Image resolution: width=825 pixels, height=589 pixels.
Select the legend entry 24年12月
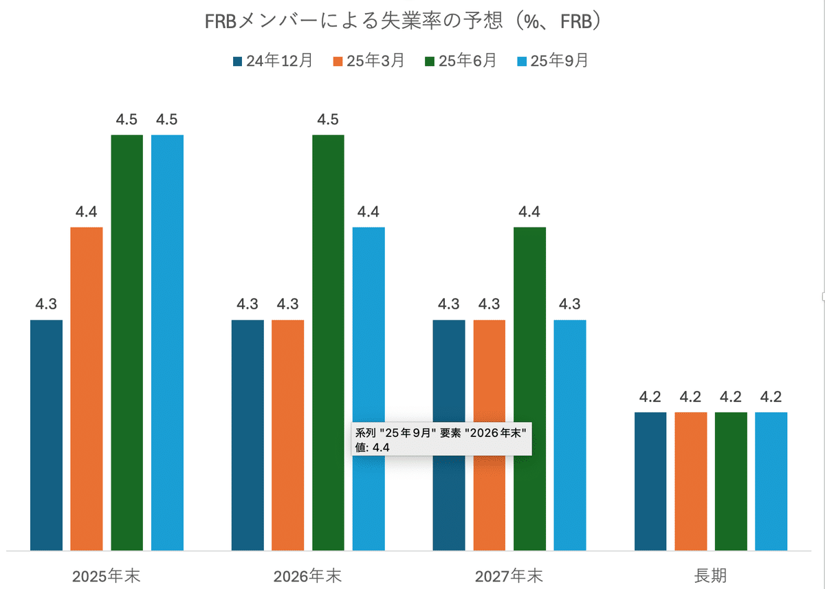click(273, 61)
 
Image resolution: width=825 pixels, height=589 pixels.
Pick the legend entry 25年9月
click(553, 61)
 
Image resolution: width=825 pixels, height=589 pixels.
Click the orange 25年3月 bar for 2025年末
click(87, 388)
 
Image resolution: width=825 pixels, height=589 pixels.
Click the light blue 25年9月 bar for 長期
click(771, 481)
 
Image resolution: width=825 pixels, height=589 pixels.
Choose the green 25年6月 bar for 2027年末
click(529, 388)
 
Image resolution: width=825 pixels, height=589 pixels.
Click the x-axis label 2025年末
click(106, 575)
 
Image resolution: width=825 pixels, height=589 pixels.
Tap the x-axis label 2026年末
click(307, 575)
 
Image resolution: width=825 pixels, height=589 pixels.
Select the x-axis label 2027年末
click(509, 575)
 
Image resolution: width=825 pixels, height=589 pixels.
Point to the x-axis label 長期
click(710, 575)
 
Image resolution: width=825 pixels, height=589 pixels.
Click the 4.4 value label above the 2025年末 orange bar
click(86, 212)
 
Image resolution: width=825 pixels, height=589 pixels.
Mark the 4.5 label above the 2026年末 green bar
click(328, 120)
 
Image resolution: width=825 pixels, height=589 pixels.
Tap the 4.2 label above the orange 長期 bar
click(690, 397)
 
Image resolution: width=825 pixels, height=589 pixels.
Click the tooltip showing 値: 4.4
click(441, 440)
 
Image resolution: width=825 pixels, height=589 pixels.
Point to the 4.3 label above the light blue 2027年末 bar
click(570, 304)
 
